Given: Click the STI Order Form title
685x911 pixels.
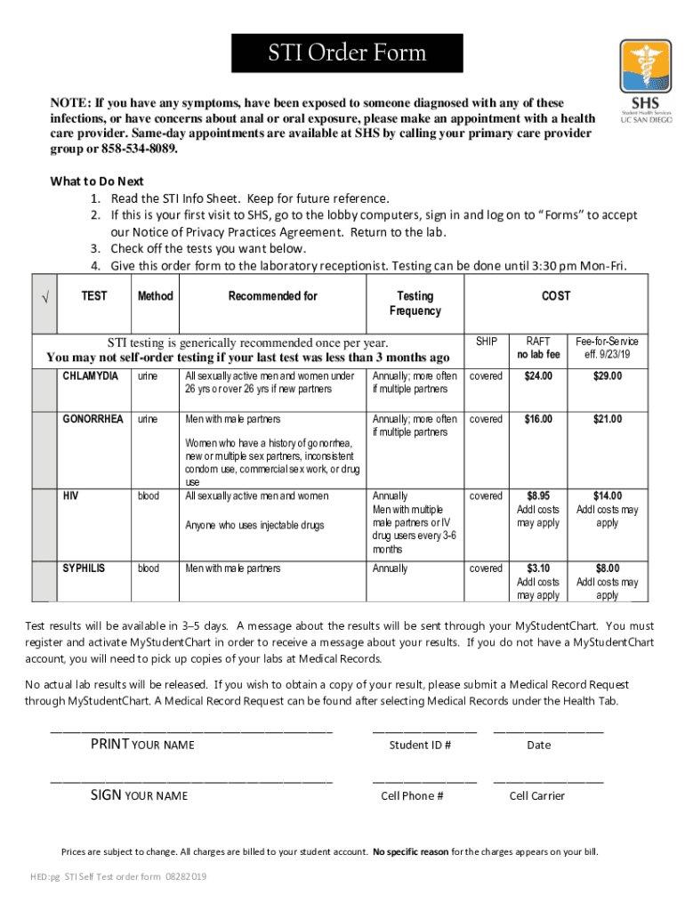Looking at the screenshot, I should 347,53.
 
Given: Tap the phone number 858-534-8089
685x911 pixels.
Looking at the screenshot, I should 139,149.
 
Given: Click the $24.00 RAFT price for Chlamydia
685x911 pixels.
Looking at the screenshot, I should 538,376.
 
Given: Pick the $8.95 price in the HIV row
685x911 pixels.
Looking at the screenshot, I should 538,496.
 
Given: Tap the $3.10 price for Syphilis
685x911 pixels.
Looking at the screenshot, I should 538,568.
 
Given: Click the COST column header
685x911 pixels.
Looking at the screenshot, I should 556,296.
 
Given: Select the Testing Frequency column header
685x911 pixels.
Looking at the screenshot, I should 415,303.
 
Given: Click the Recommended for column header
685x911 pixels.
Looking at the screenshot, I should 272,296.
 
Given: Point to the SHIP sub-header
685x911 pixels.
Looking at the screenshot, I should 487,342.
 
